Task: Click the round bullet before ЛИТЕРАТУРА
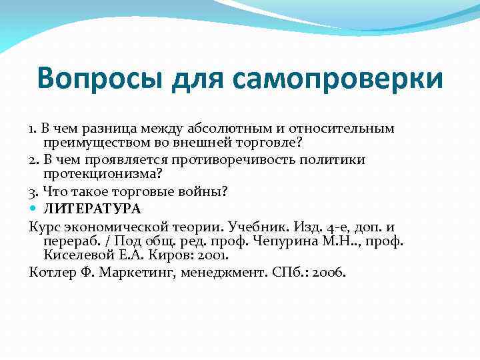click(34, 209)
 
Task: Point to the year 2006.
click(326, 272)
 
